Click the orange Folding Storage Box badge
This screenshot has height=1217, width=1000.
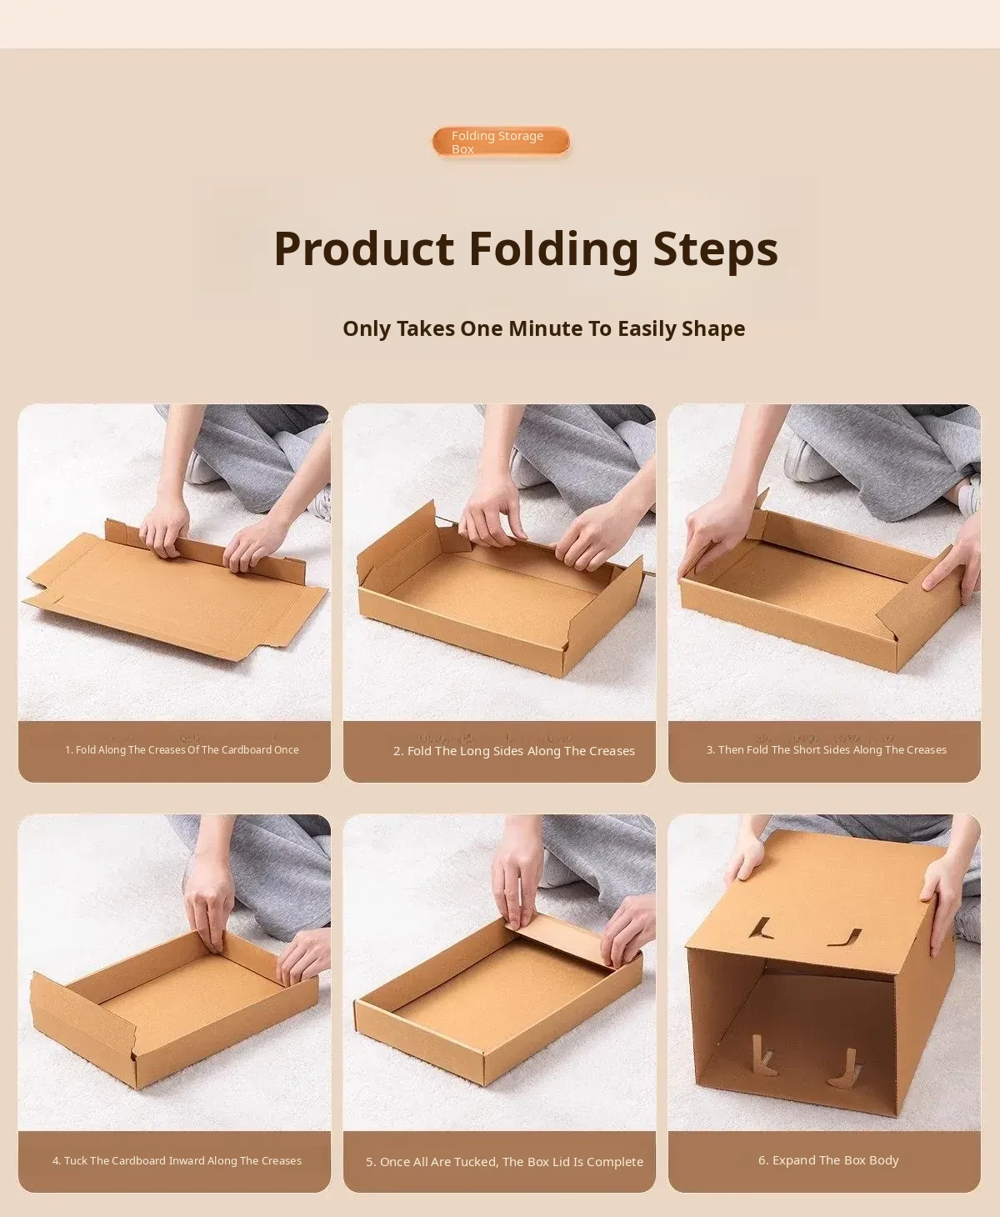500,142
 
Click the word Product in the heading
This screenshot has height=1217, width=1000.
363,249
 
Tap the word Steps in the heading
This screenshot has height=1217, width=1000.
715,249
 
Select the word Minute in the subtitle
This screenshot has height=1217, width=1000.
545,328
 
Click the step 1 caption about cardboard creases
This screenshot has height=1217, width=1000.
182,749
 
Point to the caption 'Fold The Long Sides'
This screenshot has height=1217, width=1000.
513,751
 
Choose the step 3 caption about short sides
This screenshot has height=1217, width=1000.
827,749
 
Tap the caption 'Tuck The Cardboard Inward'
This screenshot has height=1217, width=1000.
177,1160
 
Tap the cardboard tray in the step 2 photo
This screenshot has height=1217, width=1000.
500,594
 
